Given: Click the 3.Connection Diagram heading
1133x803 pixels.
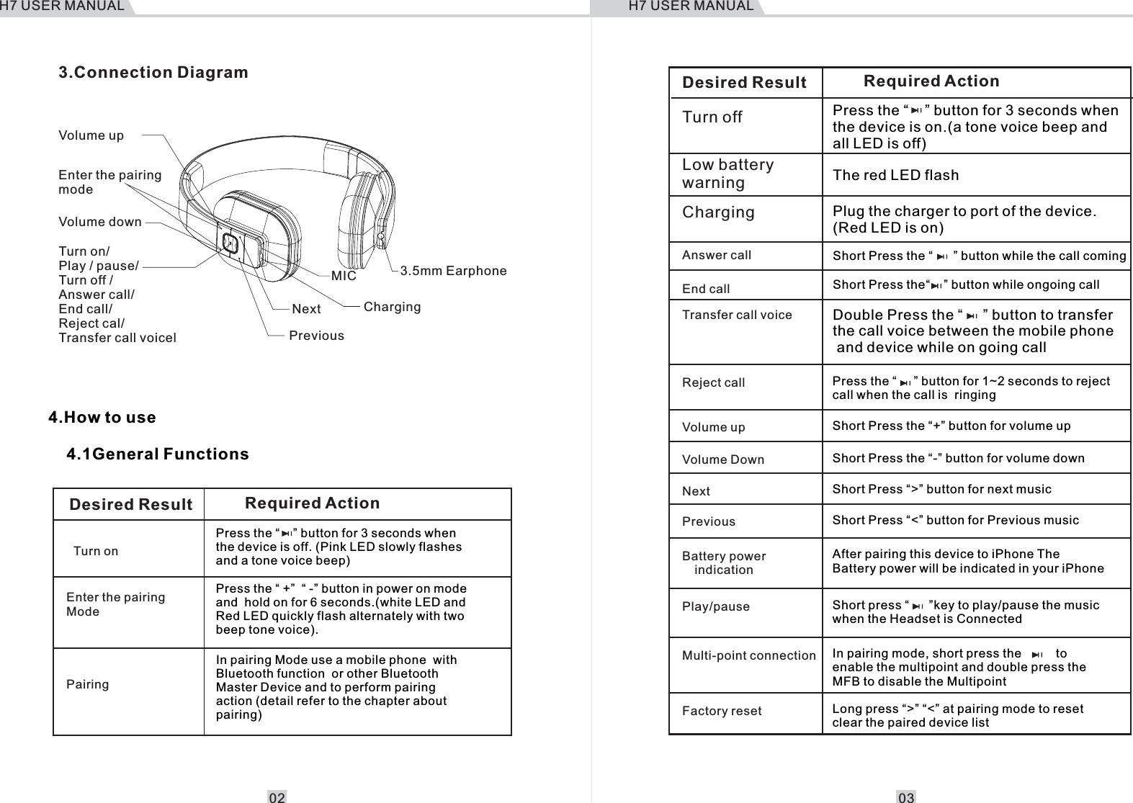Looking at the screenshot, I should pos(153,73).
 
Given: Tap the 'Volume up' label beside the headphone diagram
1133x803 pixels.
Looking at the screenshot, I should pos(91,135).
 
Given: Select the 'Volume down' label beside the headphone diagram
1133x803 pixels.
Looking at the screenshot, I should pos(100,222).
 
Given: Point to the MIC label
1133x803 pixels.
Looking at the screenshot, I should pos(344,276).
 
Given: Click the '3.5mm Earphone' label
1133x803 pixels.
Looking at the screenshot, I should pos(453,271).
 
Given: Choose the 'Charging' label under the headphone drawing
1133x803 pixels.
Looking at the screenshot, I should pos(392,307).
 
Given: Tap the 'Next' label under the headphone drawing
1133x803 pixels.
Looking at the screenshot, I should pos(306,309).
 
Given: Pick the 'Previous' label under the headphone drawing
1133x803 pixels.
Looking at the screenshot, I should pos(316,336).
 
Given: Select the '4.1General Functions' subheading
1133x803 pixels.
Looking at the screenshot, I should pos(158,454).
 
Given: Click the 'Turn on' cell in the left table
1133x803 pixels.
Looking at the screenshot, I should pos(96,551).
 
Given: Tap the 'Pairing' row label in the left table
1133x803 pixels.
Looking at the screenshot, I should pos(88,684).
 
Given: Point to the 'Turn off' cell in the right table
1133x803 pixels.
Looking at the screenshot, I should pos(712,117).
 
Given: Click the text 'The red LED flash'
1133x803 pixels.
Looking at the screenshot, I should pos(895,175).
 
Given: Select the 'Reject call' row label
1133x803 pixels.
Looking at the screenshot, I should pos(713,382).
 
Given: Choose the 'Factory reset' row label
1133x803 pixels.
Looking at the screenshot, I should pos(722,711).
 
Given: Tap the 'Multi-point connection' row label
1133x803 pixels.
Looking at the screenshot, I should pos(748,655).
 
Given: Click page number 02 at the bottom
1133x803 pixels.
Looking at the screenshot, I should pos(277,797).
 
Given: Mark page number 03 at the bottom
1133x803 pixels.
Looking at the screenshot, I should pos(906,797).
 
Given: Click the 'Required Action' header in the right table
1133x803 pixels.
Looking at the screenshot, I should pos(931,81).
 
